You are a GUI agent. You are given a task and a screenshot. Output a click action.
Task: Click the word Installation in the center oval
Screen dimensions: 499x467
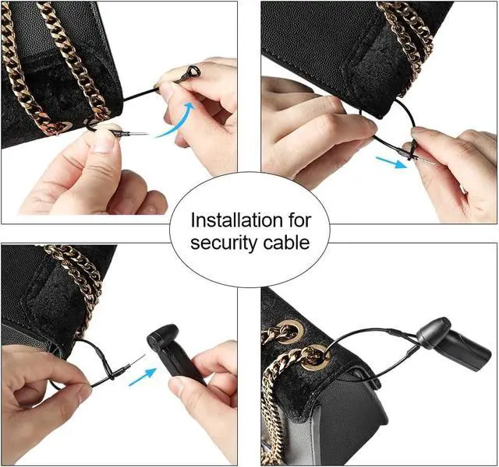click(237, 220)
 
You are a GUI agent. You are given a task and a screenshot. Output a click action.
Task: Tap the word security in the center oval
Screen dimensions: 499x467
click(224, 243)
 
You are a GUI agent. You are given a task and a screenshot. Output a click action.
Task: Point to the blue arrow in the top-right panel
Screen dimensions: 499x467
click(391, 162)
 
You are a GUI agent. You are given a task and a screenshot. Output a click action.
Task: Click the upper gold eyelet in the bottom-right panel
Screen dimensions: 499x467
click(289, 330)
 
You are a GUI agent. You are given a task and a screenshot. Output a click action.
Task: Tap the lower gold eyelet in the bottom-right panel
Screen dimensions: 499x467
click(313, 358)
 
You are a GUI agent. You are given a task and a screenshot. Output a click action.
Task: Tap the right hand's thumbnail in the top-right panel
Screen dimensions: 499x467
click(421, 130)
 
